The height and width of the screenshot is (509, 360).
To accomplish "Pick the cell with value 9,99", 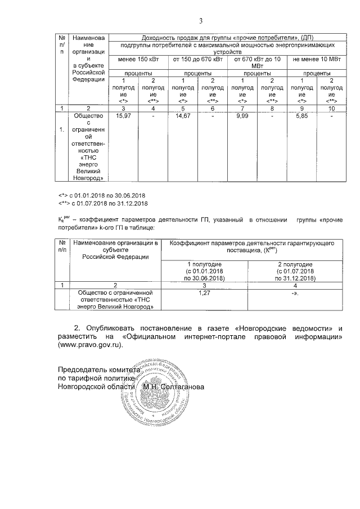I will click(x=242, y=116).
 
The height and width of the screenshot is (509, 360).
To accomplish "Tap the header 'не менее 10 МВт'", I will click(x=316, y=59).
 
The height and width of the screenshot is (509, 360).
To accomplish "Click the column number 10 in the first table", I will click(x=331, y=107).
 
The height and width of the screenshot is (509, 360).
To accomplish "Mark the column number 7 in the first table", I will click(x=242, y=107).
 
